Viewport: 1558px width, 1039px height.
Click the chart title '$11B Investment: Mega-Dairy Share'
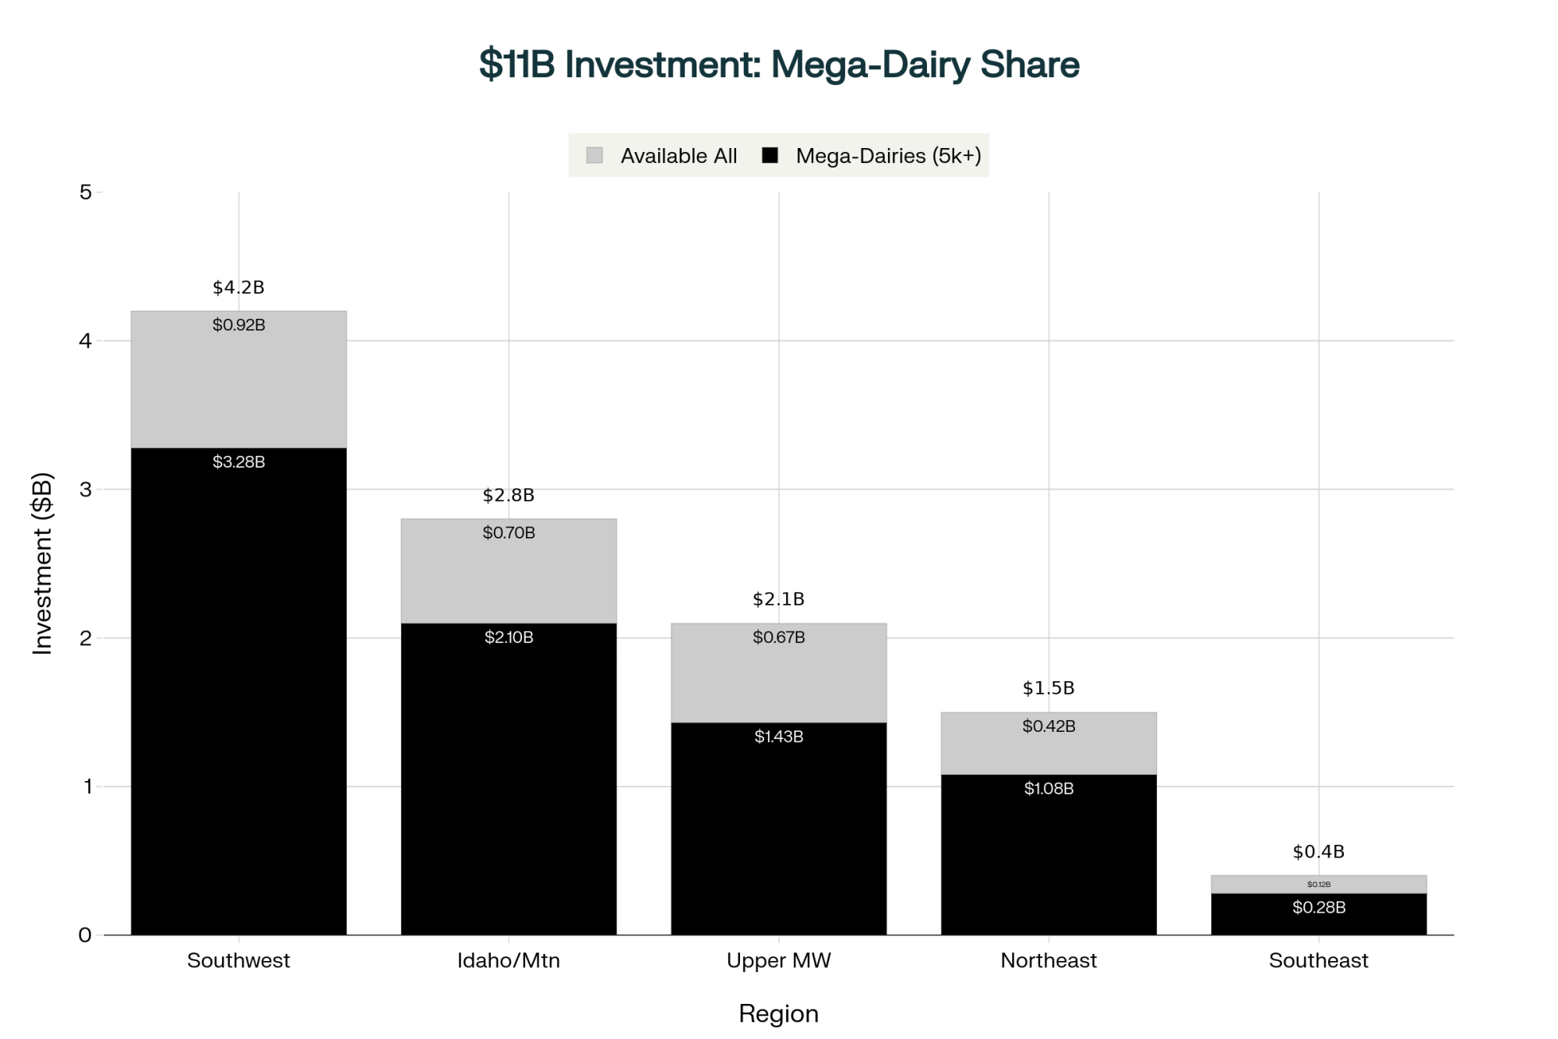779,64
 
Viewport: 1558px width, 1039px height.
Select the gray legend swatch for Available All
594,155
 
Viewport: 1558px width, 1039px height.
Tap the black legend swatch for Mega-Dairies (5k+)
770,155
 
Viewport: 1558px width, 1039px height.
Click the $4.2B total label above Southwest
238,288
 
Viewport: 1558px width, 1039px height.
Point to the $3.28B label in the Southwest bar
238,462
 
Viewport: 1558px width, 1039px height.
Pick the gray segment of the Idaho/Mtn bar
509,577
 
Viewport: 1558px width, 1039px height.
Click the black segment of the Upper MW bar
779,834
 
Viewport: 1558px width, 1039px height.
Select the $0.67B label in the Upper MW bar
779,638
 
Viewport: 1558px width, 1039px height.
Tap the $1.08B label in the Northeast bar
1049,789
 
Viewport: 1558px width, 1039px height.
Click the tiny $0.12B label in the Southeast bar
1319,885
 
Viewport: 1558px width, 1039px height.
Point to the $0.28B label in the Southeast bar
1319,907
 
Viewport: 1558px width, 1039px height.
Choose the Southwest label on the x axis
238,960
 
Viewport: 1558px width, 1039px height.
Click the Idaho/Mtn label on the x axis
509,960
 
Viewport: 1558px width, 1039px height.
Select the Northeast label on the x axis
1049,960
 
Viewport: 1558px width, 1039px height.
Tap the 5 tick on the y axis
86,192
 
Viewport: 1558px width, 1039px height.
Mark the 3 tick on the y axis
86,489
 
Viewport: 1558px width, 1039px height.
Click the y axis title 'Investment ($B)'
42,563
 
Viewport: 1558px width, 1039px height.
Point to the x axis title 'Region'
779,1013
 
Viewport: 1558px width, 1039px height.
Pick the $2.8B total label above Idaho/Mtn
509,495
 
